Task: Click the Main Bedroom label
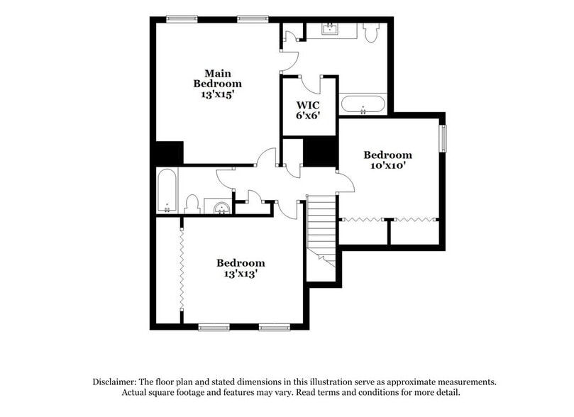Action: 219,78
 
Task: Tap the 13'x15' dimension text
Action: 219,94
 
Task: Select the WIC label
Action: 309,106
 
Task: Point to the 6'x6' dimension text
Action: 309,117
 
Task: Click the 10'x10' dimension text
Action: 387,167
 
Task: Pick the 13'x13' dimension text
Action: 241,274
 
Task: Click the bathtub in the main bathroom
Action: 363,106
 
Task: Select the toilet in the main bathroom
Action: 371,32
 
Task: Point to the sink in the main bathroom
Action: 331,28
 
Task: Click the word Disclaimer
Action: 116,382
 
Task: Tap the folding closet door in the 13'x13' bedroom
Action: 182,270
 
